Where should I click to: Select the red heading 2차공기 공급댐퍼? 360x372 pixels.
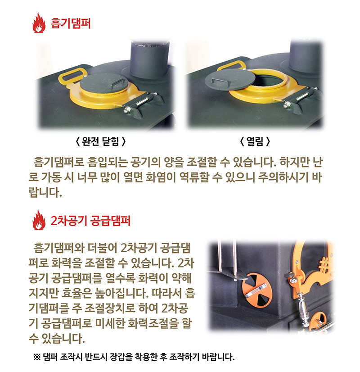[x=91, y=221]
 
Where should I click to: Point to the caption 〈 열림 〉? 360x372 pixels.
[x=255, y=141]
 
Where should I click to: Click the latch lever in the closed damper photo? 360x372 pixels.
[x=139, y=103]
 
